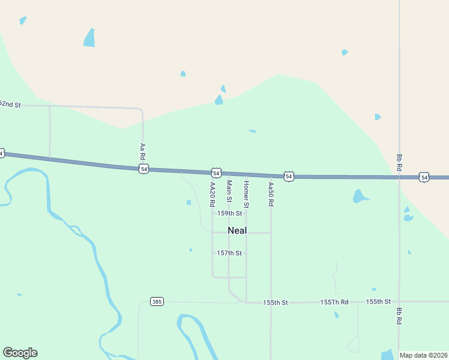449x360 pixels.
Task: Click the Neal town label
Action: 237,230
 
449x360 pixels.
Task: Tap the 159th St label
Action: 229,213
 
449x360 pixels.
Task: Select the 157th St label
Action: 229,253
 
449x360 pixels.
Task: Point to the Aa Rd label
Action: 142,151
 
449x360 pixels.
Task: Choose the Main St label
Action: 229,191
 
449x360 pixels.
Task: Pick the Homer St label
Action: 246,192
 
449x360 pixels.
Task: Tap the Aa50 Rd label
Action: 271,194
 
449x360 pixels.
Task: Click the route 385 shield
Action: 157,301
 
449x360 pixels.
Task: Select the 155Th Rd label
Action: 334,302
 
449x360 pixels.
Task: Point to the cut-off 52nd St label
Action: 10,104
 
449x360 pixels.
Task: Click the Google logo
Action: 20,353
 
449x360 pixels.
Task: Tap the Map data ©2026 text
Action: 423,355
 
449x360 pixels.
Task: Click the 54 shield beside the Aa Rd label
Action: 143,169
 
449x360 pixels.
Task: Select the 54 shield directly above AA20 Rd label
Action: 216,173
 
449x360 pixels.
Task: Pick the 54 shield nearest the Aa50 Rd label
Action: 289,176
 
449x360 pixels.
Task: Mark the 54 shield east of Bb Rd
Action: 424,177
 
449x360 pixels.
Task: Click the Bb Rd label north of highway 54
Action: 399,162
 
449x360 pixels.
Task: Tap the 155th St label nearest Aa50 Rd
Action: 276,302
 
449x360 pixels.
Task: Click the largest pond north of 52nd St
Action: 89,38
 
